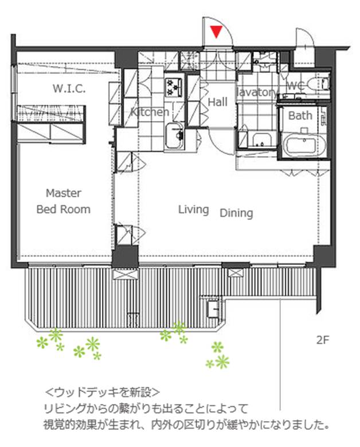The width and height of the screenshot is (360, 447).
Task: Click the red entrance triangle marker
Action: coord(217,32)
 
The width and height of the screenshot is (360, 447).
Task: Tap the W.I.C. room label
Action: coord(69,89)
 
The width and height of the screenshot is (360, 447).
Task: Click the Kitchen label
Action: coord(150,112)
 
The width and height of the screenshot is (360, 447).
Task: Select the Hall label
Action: coord(218,102)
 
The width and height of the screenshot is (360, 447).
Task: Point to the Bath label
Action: coord(300,115)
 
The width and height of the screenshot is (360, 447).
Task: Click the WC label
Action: coord(295,85)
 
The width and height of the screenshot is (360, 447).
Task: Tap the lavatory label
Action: coord(257,92)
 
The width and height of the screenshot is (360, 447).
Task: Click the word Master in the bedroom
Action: coord(64,193)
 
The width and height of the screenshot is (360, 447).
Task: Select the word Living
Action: coord(193,210)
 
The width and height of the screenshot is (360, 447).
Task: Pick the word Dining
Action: coord(236,213)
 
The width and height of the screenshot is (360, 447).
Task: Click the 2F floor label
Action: coord(323,340)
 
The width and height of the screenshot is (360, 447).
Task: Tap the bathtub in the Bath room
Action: coord(302,145)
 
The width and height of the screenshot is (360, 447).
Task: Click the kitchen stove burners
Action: coord(174,87)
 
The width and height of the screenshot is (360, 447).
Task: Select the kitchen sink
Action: coord(175,136)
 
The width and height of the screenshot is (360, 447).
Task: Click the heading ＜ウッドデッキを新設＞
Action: coord(102,392)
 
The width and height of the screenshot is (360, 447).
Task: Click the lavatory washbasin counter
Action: coord(262,139)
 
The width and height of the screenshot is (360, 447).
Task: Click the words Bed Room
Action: coord(64,209)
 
